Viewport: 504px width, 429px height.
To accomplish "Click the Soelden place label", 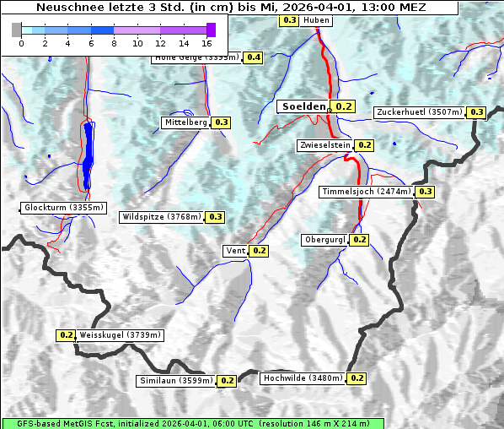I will (x=303, y=106).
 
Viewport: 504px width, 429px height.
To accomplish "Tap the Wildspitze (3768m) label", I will (x=162, y=217).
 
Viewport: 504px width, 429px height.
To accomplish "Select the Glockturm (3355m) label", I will (x=64, y=208).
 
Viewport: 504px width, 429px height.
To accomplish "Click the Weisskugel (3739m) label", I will (x=120, y=335).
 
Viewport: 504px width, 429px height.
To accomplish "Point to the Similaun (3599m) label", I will (x=175, y=381).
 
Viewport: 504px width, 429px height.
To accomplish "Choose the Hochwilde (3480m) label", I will (x=303, y=378).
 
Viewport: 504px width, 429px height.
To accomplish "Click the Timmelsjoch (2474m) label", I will (x=367, y=192).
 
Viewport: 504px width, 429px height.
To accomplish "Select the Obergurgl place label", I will (x=324, y=240).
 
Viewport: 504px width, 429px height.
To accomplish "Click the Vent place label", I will (x=236, y=251).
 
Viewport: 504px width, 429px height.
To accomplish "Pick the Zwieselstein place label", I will (x=324, y=145).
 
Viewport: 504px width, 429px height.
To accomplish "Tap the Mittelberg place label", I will (x=185, y=122).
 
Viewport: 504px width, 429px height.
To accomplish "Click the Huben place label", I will (x=316, y=19).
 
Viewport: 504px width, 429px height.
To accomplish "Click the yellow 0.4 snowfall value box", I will (x=254, y=57).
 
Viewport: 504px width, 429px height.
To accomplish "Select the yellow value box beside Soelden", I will (x=344, y=106).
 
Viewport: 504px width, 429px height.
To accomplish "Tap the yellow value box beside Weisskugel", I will (x=67, y=335).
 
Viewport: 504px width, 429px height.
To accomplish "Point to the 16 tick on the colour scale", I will (x=207, y=43).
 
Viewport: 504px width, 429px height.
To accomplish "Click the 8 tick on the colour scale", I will (x=114, y=43).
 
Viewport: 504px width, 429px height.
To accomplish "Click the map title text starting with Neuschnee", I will (x=231, y=8).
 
